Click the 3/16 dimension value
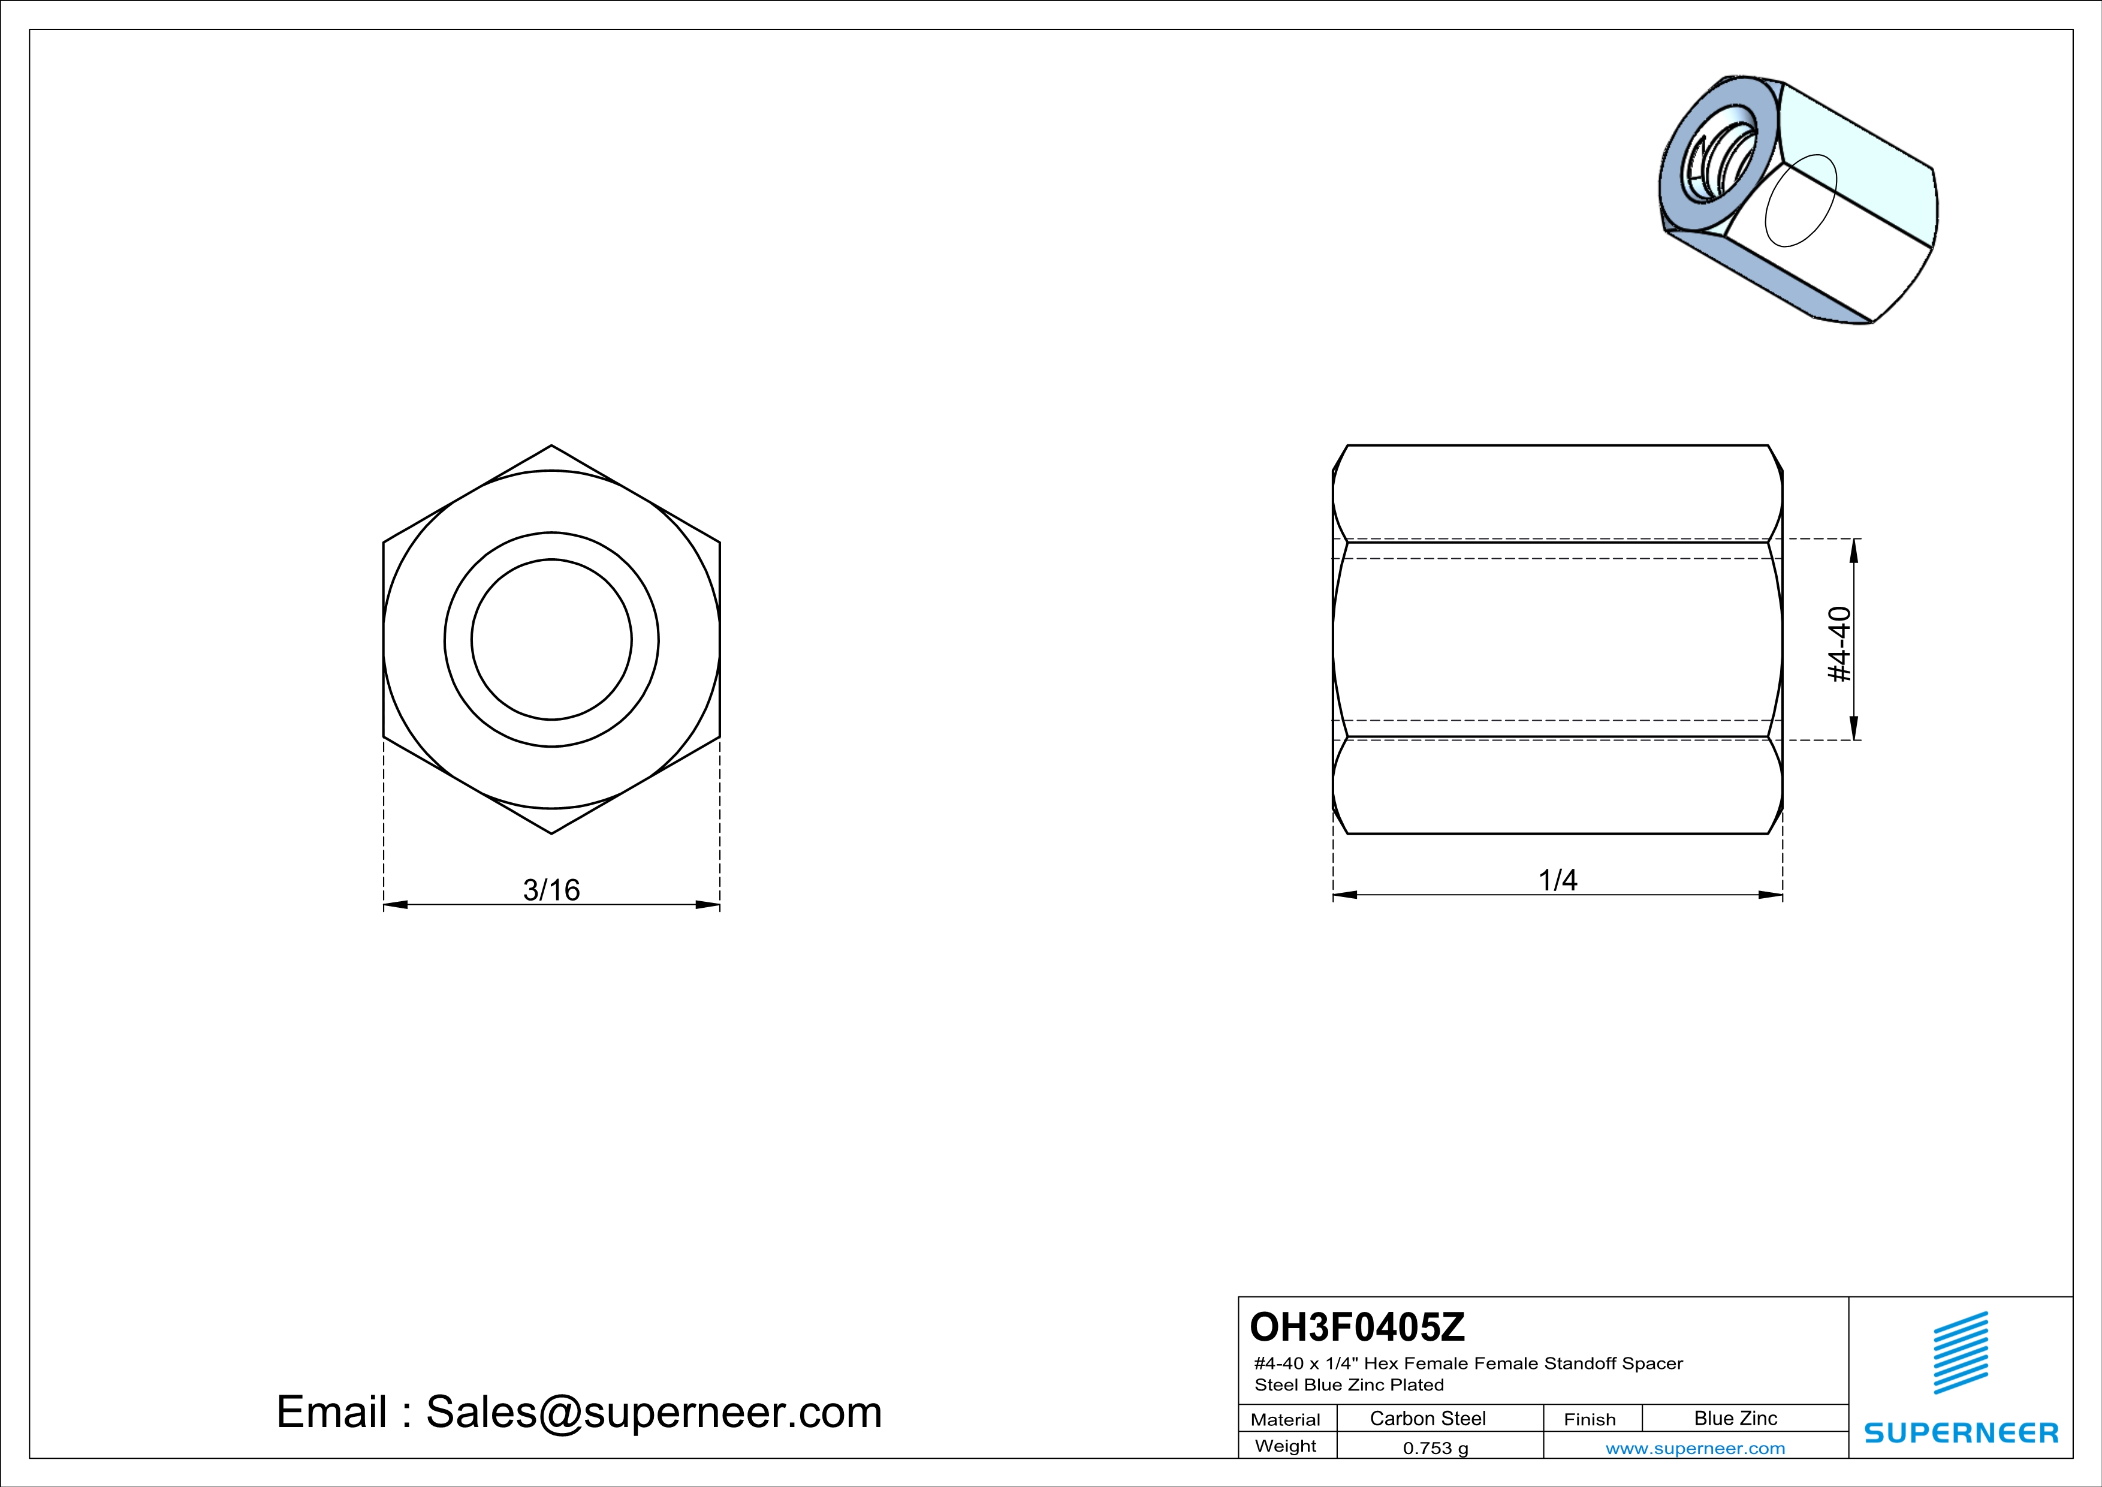[x=551, y=889]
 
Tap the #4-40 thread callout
[x=1839, y=645]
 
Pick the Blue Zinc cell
[x=1736, y=1418]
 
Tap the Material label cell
[x=1286, y=1419]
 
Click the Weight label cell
[x=1286, y=1446]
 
